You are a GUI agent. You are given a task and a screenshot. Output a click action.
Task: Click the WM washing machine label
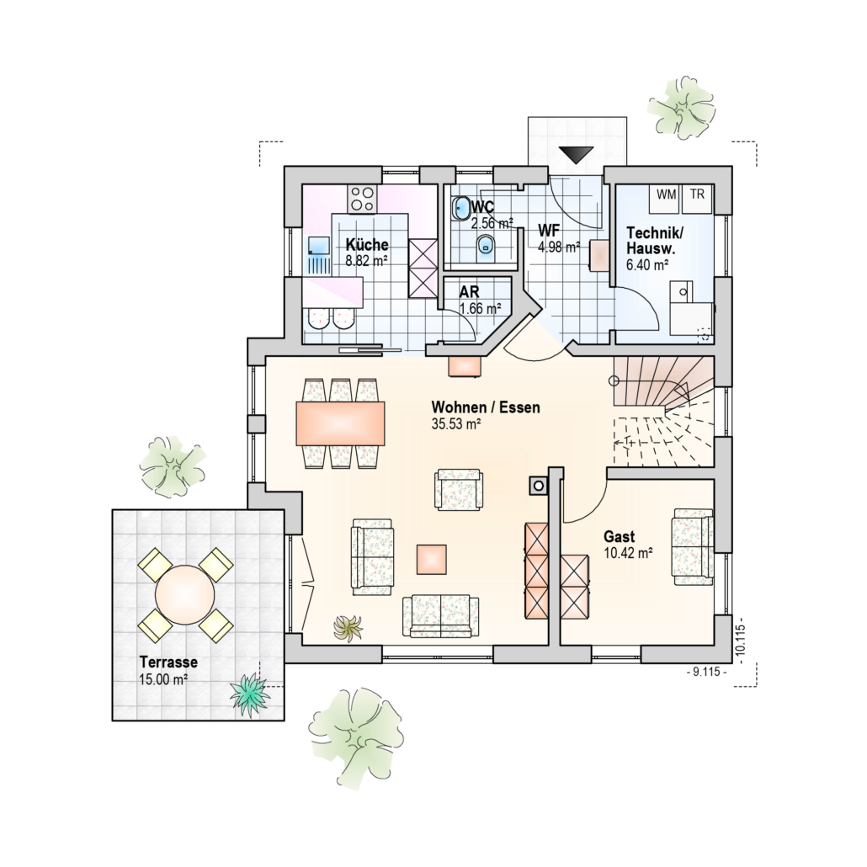click(667, 194)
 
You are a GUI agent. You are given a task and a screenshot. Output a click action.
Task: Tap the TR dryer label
click(697, 194)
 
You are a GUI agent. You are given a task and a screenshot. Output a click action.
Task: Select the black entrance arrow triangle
click(576, 155)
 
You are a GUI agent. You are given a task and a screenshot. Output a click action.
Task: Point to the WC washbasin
click(460, 209)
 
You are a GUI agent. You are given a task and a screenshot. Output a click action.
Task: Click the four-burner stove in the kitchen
click(362, 199)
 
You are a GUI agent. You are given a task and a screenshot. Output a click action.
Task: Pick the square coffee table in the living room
click(431, 560)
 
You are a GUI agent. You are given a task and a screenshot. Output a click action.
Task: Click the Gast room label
click(620, 536)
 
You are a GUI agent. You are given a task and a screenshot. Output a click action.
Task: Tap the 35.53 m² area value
click(456, 424)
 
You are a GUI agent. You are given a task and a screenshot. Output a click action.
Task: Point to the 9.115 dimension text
click(706, 672)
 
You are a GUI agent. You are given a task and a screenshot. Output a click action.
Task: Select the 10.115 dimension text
click(742, 641)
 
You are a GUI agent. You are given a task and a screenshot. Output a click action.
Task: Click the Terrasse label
click(168, 662)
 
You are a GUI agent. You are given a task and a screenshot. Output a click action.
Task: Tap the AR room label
click(470, 291)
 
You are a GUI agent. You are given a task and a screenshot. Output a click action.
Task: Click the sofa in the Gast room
click(693, 546)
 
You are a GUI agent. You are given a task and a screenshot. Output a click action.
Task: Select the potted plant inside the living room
click(348, 628)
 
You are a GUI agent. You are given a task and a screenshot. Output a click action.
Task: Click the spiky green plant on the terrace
click(250, 694)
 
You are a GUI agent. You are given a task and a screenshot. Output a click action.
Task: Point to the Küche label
click(367, 244)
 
